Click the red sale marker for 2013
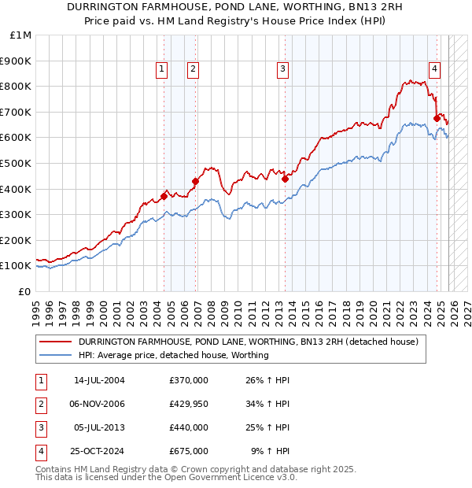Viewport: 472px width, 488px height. [285, 179]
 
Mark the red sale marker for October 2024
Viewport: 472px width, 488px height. [437, 118]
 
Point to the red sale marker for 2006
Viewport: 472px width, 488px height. [195, 181]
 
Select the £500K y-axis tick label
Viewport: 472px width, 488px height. [17, 163]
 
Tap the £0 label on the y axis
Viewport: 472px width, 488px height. [24, 291]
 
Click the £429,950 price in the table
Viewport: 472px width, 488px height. [189, 404]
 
